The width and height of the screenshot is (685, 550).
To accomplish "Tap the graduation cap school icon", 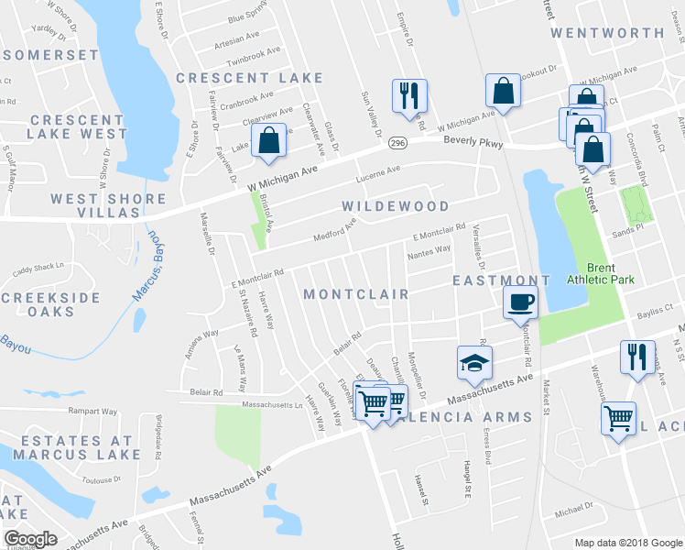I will point(474,364).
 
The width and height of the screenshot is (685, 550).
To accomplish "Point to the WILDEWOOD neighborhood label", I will point(396,206).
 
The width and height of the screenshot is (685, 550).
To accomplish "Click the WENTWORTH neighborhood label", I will point(607,33).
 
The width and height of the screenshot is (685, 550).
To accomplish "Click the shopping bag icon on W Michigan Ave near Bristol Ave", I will point(268,141).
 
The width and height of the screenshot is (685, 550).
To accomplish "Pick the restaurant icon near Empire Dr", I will point(408,94).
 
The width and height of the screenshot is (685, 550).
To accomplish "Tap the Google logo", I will point(30,539).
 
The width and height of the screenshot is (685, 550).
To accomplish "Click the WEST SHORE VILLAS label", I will point(95,205).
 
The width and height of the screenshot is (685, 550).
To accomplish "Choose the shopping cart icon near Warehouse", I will point(618,419).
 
